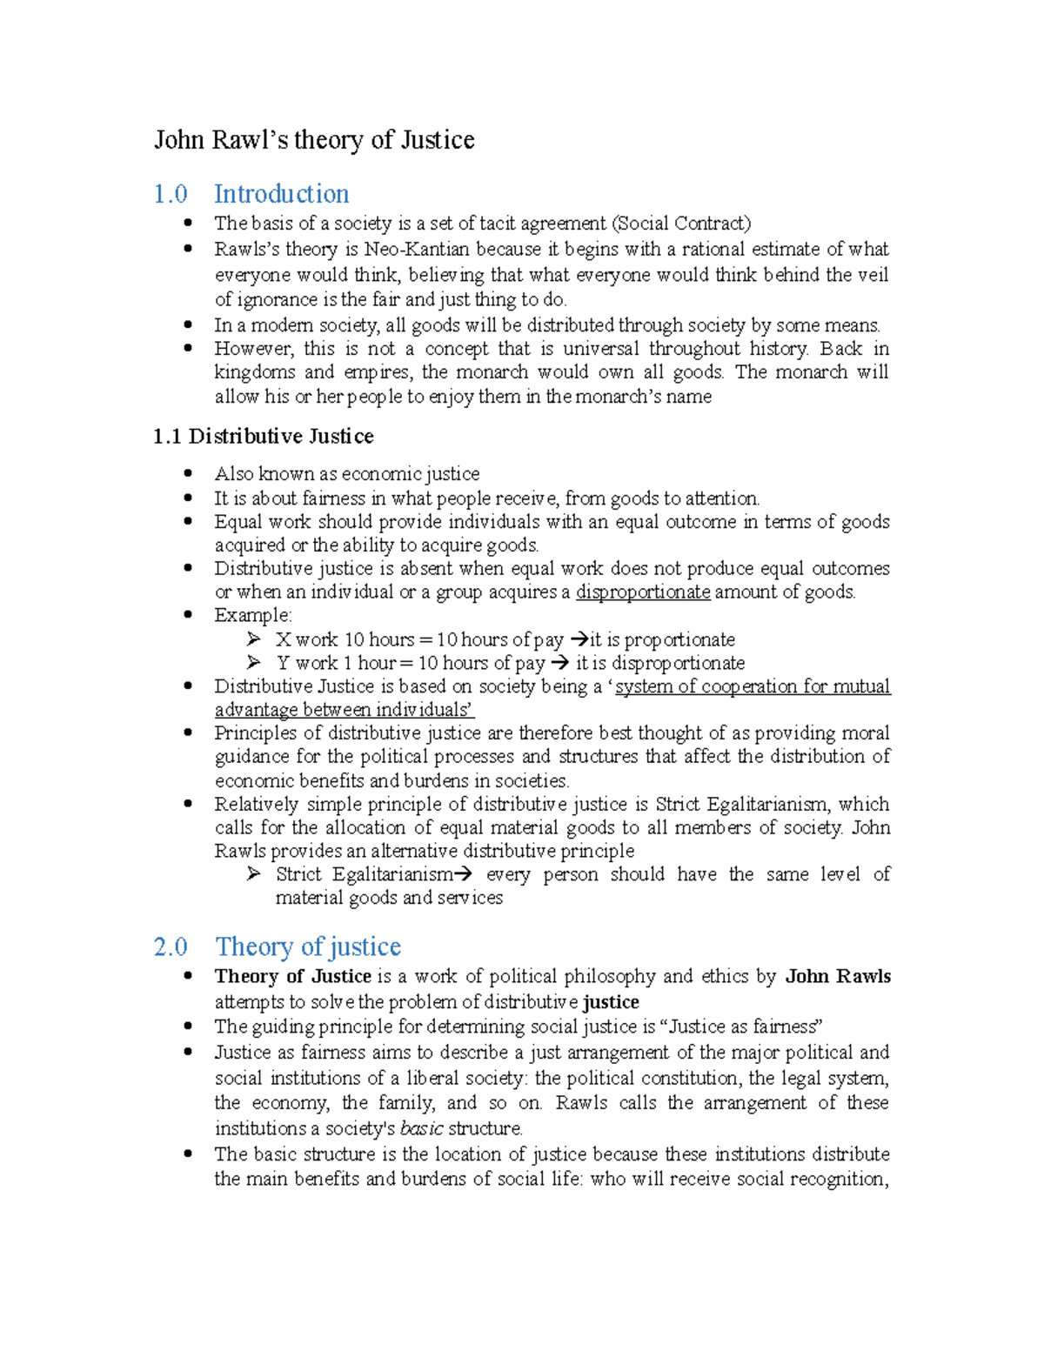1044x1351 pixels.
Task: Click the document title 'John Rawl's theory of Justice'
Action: (314, 140)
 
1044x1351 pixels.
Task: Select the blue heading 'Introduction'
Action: (281, 193)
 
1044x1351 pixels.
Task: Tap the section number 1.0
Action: (171, 193)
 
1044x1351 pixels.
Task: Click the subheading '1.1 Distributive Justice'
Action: (263, 436)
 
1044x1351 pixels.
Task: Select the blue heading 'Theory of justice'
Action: (308, 946)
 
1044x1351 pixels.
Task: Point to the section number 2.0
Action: (171, 946)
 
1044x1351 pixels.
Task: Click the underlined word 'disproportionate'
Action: (643, 592)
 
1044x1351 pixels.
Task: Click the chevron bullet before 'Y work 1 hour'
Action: (253, 663)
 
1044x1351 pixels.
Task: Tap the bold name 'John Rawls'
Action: (838, 976)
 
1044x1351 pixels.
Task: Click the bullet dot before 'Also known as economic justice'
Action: (188, 473)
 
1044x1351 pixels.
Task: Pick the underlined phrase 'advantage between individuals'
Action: (344, 710)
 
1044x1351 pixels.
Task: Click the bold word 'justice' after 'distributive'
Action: (611, 1002)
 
